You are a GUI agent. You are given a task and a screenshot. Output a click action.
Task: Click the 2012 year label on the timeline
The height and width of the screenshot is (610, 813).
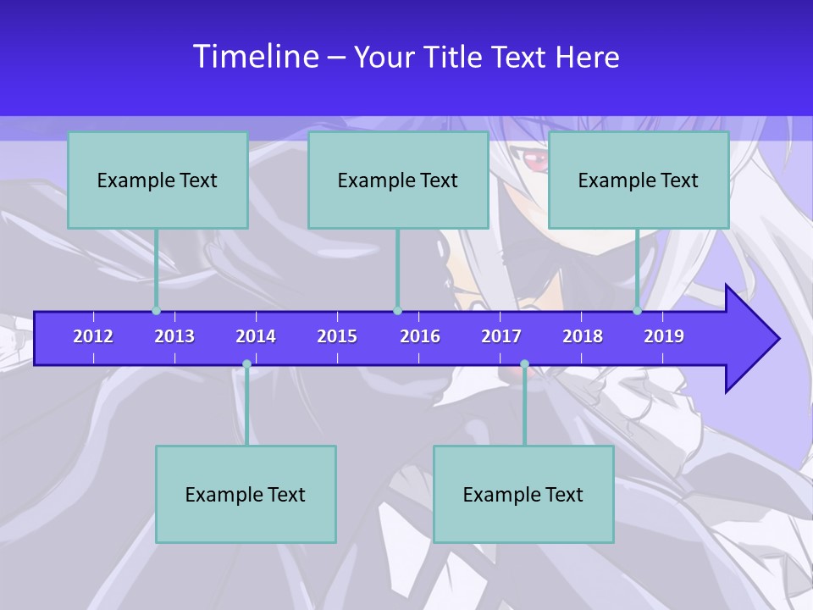93,336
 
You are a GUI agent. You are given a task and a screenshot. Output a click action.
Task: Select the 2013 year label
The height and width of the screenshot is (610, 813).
174,336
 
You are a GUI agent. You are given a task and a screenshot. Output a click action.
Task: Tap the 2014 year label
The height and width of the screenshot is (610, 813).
256,336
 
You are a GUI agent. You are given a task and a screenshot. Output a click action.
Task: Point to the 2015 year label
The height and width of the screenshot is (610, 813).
337,336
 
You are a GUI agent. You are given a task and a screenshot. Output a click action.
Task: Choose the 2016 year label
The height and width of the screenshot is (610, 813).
420,336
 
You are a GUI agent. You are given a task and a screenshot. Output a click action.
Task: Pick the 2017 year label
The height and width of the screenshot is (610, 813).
501,336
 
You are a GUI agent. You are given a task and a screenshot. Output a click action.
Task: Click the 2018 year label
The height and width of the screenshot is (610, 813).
583,336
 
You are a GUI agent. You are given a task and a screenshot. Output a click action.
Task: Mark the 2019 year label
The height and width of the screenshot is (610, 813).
664,336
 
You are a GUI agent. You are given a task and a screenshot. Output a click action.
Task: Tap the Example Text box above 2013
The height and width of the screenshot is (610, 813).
158,180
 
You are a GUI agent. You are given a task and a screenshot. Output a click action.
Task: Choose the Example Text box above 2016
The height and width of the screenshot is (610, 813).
398,180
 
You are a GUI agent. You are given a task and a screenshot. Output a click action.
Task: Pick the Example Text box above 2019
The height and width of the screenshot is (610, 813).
639,180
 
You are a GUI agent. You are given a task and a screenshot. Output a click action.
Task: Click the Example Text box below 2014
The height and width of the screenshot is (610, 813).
246,494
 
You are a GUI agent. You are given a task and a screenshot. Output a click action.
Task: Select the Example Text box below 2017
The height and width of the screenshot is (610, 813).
523,494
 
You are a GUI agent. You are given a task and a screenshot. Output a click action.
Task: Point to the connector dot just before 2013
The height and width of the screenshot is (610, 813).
157,311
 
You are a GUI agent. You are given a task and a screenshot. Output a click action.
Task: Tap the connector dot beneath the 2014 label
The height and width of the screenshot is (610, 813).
246,364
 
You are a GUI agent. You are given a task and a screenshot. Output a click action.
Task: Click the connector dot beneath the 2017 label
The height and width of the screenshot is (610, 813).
524,364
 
